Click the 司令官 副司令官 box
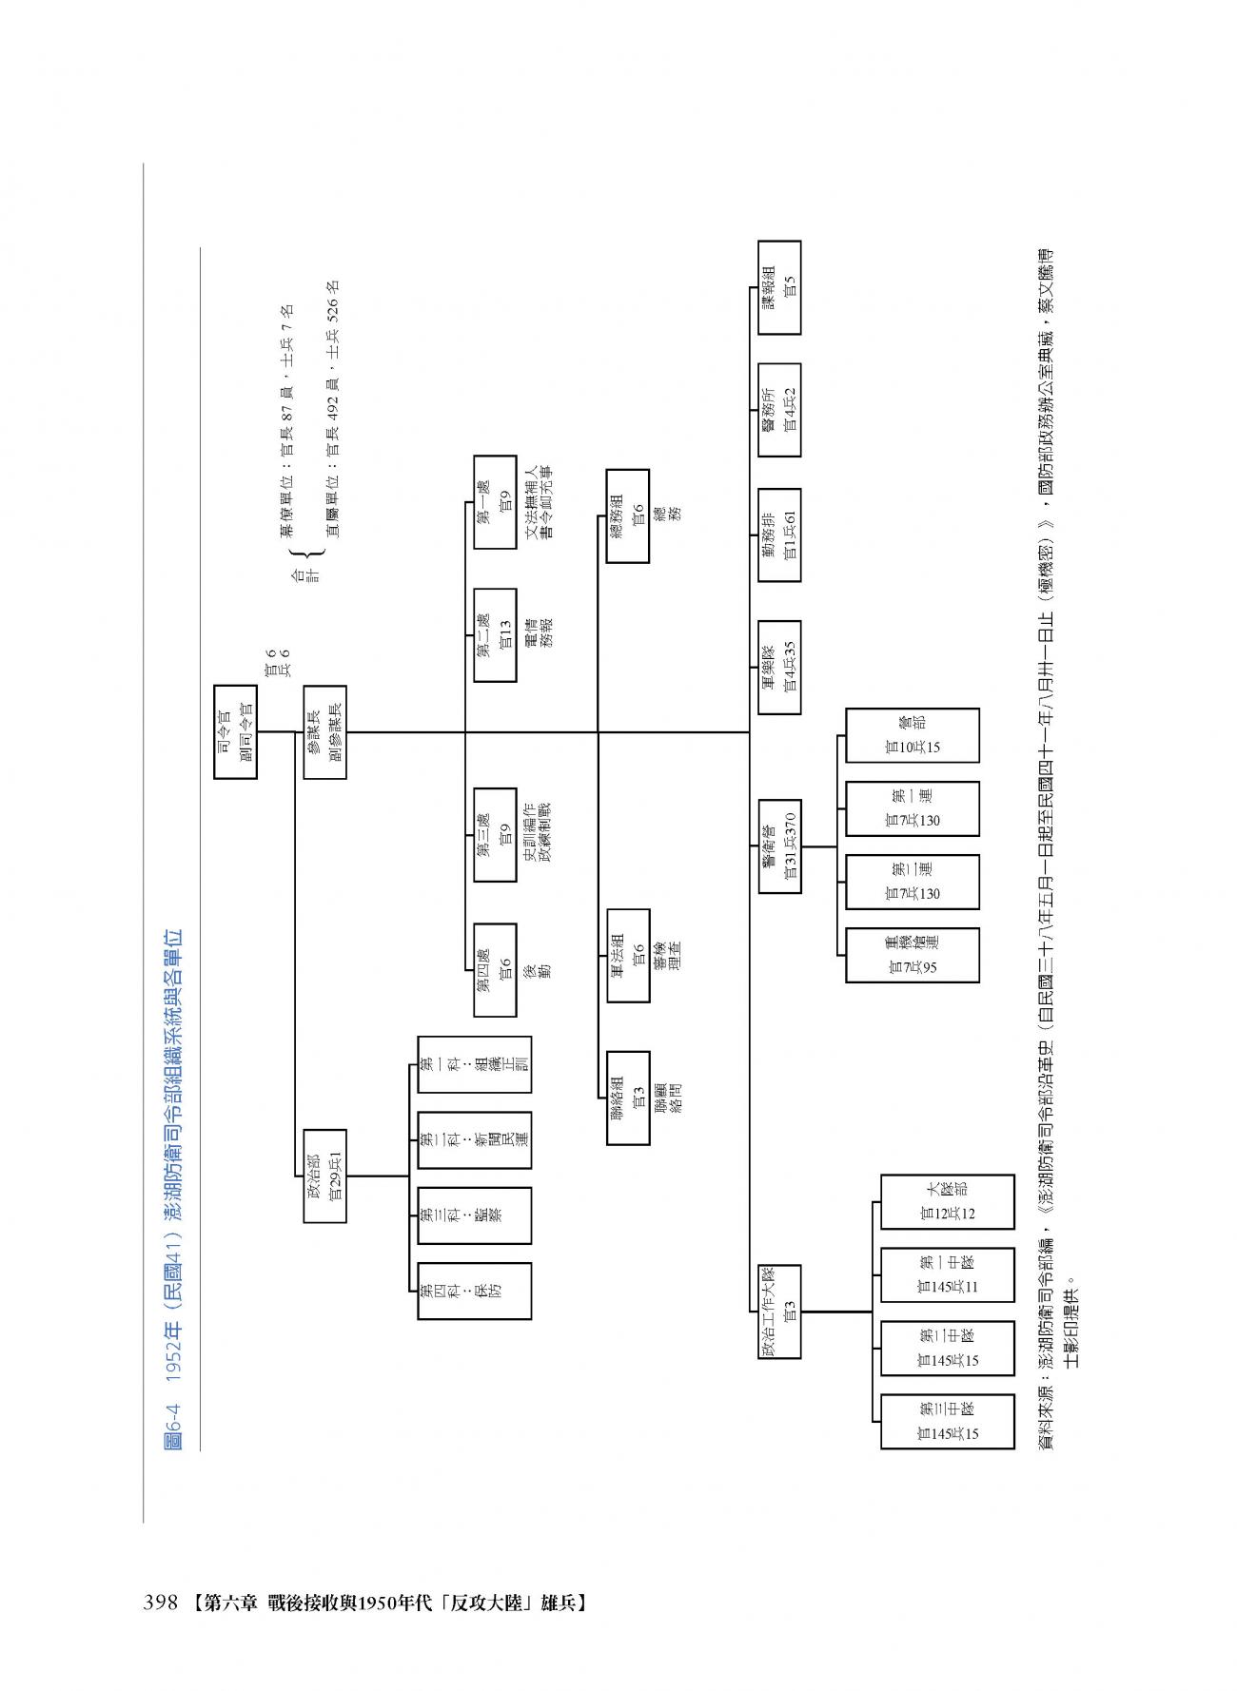click(235, 731)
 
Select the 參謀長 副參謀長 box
click(324, 731)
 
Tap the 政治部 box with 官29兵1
click(324, 1176)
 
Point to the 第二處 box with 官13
click(495, 635)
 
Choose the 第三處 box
click(495, 834)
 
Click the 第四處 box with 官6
click(495, 970)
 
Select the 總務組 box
click(628, 515)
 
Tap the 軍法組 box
click(628, 955)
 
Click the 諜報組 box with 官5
click(779, 287)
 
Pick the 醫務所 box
click(779, 409)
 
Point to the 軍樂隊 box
click(779, 667)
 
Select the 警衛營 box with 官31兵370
click(779, 846)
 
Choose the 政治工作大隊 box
click(779, 1311)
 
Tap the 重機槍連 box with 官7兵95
click(912, 955)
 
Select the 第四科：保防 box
click(474, 1290)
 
